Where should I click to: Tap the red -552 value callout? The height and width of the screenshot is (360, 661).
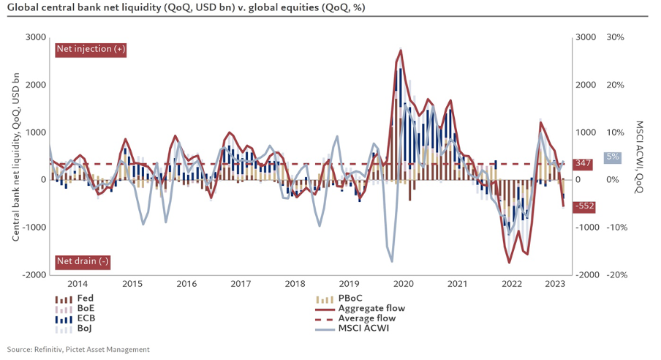tap(583, 207)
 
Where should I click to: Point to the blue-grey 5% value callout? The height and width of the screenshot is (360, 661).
tap(613, 157)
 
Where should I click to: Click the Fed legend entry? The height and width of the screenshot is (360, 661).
tap(77, 299)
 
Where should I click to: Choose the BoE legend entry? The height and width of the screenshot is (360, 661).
tap(77, 309)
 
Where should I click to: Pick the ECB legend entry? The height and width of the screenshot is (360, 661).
tap(77, 319)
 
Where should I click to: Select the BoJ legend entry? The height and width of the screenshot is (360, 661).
tap(77, 329)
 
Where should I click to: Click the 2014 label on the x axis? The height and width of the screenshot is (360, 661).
tap(77, 284)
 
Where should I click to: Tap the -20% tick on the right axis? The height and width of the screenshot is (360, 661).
tap(614, 274)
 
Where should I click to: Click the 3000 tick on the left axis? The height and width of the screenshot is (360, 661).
tap(35, 37)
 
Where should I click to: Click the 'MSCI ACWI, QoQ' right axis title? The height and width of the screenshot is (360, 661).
tap(641, 155)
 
